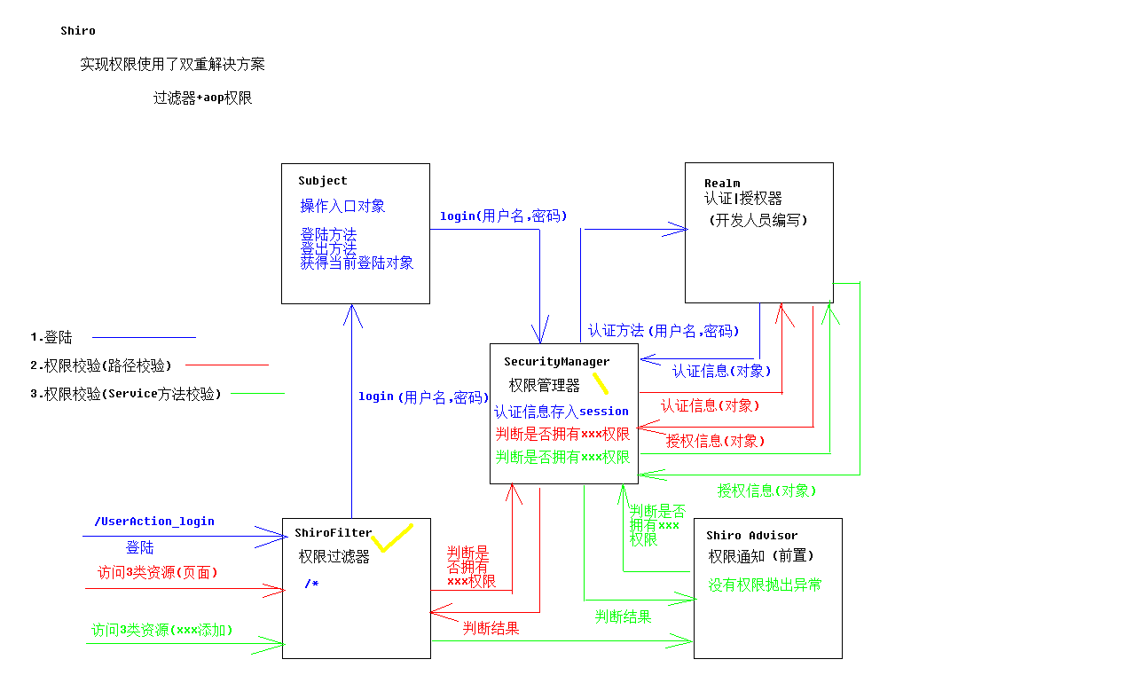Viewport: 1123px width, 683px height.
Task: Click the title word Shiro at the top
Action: (x=78, y=31)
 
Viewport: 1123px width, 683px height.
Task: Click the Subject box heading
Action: (x=323, y=181)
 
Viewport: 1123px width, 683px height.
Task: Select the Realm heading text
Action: (x=722, y=184)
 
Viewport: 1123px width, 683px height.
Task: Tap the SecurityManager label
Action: (x=556, y=362)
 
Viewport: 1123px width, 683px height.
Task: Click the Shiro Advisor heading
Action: (x=751, y=536)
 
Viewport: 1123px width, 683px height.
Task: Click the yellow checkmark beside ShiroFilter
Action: (x=391, y=538)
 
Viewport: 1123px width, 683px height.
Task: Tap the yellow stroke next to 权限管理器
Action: (x=601, y=383)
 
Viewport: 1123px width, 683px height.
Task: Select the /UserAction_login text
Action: (x=153, y=522)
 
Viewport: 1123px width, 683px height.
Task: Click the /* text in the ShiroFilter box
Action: (x=310, y=584)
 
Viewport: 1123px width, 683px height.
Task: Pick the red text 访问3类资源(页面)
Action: (x=157, y=573)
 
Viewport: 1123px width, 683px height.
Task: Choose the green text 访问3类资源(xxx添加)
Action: (x=162, y=631)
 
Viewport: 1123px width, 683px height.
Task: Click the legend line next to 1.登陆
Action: (x=144, y=337)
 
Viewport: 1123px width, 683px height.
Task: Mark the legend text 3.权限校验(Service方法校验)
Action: (x=125, y=394)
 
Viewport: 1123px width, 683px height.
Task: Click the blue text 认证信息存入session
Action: (x=561, y=412)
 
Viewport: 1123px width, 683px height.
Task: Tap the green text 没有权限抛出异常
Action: (x=765, y=585)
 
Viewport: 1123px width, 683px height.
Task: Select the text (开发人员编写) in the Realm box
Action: (x=758, y=221)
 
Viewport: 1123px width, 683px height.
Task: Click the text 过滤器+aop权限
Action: (x=203, y=98)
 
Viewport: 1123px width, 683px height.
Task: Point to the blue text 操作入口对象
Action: (x=342, y=207)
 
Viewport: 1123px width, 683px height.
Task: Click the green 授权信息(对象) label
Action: (x=766, y=491)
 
